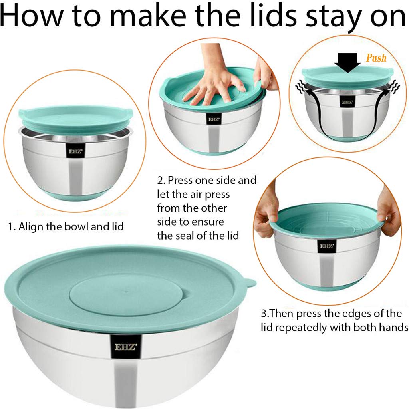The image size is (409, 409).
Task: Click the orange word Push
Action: tap(376, 58)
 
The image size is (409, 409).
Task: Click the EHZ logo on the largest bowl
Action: tap(125, 347)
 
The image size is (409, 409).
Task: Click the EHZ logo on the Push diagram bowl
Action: tap(347, 102)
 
